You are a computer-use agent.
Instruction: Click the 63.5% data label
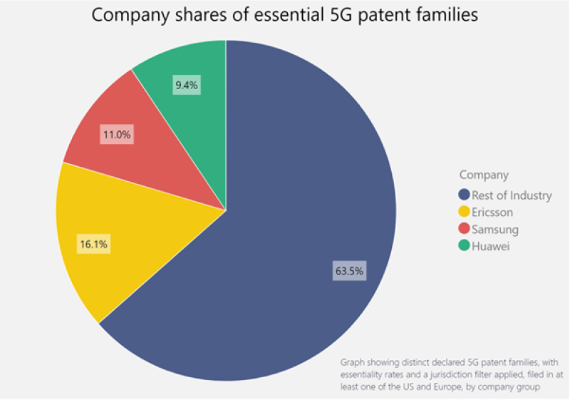[349, 271]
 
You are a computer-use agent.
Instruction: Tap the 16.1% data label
[94, 245]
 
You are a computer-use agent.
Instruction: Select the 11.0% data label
[118, 135]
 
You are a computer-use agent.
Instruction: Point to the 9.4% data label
[187, 86]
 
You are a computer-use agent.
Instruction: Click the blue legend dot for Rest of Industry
[465, 195]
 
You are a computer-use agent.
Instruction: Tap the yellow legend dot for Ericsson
[465, 212]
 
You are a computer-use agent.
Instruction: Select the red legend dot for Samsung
[465, 229]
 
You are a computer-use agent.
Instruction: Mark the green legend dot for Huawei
[465, 246]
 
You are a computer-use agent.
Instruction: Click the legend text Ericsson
[492, 212]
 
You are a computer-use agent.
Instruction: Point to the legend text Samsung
[495, 229]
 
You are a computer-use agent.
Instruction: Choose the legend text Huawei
[491, 246]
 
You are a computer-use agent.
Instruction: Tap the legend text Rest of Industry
[512, 195]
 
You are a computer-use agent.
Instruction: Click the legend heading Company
[484, 175]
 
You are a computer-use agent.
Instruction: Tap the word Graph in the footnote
[354, 361]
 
